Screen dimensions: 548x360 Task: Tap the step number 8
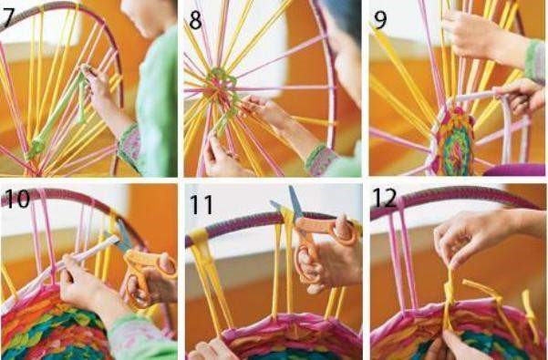pos(195,20)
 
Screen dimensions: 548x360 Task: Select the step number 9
pos(380,20)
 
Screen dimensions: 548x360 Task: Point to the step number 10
pos(17,199)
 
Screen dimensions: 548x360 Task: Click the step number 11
pos(202,205)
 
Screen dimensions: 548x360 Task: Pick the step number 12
pos(385,198)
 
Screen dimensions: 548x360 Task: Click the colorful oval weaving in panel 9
pos(454,141)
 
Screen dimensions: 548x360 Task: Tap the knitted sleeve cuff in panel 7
pos(130,149)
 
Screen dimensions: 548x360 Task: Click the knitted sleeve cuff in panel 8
pos(320,159)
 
